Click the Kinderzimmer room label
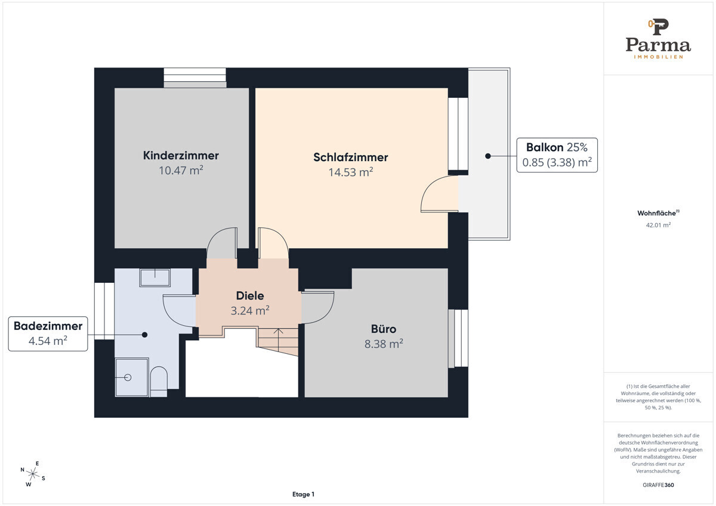[x=181, y=155]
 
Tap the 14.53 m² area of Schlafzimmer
[x=351, y=172]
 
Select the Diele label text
[x=250, y=296]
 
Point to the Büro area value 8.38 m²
[x=384, y=344]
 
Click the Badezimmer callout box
[x=48, y=334]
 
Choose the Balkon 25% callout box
[x=557, y=155]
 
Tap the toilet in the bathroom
[x=159, y=381]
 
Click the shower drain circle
[x=128, y=378]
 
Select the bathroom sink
[x=155, y=277]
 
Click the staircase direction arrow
[x=279, y=340]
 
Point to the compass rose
[x=33, y=474]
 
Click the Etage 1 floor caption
[x=303, y=494]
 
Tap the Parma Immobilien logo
[x=658, y=39]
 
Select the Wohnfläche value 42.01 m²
[x=658, y=225]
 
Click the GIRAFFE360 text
[x=658, y=485]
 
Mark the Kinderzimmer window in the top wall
[x=195, y=78]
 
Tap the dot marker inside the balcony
[x=488, y=156]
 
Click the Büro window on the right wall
[x=458, y=338]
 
